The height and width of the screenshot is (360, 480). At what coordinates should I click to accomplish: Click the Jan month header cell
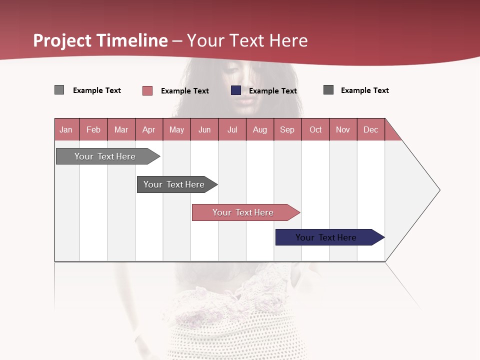(66, 129)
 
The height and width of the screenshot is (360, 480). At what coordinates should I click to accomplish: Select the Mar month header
(121, 129)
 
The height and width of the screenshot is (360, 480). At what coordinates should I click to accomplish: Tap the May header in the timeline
(176, 129)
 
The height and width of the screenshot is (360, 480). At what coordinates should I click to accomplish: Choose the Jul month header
(232, 129)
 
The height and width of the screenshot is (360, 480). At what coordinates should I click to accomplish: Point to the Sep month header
(287, 129)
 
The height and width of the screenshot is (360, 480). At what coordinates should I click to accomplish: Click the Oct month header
(315, 129)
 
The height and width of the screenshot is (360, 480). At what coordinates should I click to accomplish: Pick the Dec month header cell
(370, 129)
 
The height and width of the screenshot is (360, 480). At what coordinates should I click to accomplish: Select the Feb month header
(93, 129)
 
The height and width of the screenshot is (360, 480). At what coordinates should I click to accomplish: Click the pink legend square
(147, 90)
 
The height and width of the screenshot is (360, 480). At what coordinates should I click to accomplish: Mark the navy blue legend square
(236, 90)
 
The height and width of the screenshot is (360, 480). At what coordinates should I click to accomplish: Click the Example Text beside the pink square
(185, 91)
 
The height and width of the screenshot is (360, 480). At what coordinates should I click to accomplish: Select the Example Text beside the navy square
(273, 91)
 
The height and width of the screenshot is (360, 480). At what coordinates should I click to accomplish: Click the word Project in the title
(63, 40)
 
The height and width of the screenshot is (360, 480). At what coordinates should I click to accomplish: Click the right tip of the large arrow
(438, 190)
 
